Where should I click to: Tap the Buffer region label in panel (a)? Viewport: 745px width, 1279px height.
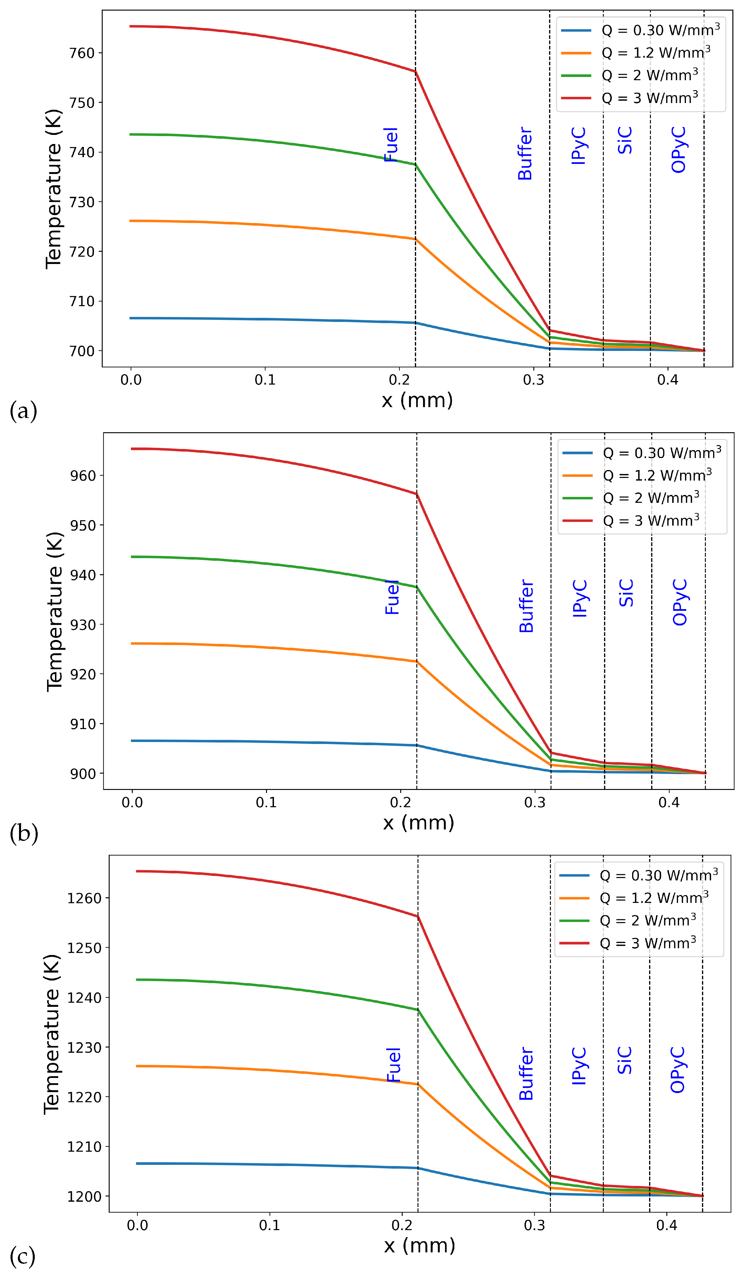click(525, 154)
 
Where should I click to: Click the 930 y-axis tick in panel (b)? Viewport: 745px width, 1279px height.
click(83, 625)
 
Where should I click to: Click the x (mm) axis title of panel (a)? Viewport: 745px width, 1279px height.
click(417, 400)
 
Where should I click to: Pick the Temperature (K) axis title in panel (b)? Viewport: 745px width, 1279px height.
click(54, 612)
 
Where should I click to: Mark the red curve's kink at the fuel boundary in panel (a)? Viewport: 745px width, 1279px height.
click(415, 72)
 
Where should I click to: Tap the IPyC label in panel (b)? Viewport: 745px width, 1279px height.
click(580, 599)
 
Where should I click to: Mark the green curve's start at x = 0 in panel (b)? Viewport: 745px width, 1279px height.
click(132, 557)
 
